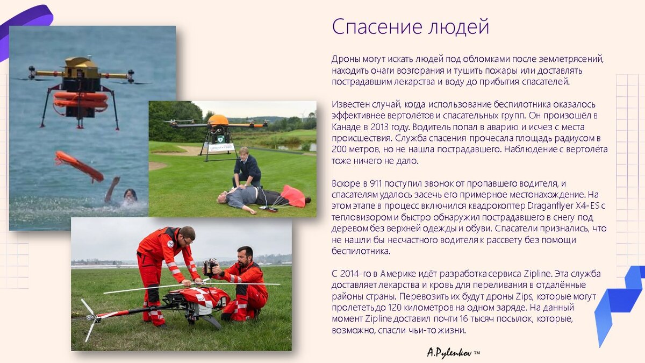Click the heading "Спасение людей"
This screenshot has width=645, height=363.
[x=411, y=26]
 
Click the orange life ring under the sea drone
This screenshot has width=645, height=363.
[x=81, y=99]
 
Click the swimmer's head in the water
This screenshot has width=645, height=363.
[x=130, y=194]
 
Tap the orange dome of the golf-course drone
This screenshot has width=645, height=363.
[x=218, y=119]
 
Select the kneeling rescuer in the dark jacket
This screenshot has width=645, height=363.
[x=247, y=169]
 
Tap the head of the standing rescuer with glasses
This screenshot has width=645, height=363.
[x=186, y=234]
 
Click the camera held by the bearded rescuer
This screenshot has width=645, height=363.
[x=210, y=267]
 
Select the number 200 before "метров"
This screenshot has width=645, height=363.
[x=339, y=149]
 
